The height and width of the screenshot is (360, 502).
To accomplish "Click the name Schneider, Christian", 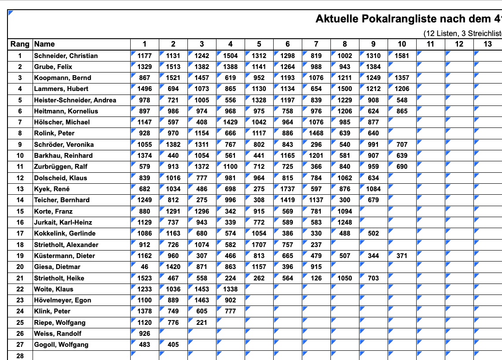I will click(66, 56).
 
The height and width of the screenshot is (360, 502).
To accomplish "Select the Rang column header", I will click(20, 44).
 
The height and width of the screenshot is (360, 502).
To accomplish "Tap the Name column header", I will click(44, 44).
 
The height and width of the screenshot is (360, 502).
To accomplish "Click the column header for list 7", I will click(316, 44).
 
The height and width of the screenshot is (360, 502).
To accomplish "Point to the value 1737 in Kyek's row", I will click(287, 189).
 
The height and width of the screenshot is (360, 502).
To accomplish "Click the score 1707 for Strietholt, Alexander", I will click(259, 245).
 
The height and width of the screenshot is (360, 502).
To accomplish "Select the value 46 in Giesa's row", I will click(144, 267).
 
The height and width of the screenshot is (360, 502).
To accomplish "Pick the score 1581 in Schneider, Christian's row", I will click(402, 56).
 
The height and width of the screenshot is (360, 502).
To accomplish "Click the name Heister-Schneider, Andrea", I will click(75, 100).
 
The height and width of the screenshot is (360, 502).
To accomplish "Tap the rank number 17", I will click(20, 233).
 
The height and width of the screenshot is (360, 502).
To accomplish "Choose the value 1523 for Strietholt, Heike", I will click(144, 278).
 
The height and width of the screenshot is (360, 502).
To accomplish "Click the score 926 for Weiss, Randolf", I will click(144, 334).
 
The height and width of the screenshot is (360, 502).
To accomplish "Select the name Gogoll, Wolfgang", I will click(61, 345).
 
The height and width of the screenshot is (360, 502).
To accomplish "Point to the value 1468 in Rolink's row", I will click(316, 133).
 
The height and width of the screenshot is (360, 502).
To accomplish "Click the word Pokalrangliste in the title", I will click(401, 19).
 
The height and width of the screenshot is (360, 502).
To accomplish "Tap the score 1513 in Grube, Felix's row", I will click(173, 67).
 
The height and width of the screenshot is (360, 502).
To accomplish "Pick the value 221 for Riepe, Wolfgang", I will click(202, 323).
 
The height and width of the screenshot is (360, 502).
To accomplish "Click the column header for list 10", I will click(402, 44).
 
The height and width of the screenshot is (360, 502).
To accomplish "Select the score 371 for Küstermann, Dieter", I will click(402, 256).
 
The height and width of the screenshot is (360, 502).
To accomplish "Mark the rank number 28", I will click(20, 356).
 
